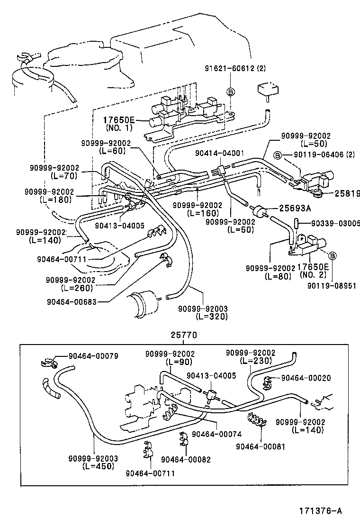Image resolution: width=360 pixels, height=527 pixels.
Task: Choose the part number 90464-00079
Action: click(93, 356)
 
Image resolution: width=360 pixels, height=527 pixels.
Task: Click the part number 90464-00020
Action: click(306, 378)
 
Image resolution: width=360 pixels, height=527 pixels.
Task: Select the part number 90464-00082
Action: click(186, 459)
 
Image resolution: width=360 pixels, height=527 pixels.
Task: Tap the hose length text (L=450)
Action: click(99, 466)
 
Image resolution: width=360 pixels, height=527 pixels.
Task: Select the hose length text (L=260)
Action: click(77, 288)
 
